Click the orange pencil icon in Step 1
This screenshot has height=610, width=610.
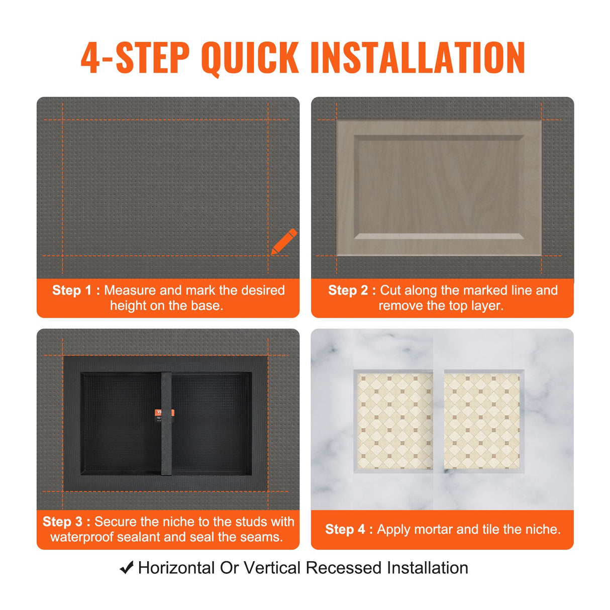click(284, 242)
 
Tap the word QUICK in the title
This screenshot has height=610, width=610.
click(250, 58)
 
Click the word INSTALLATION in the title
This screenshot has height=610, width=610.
click(418, 58)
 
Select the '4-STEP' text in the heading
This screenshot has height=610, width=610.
click(135, 58)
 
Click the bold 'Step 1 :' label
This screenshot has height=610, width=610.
click(76, 290)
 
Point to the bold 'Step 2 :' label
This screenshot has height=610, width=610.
click(352, 290)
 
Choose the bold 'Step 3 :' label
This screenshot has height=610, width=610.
click(66, 522)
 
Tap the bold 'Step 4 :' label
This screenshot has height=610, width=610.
click(349, 529)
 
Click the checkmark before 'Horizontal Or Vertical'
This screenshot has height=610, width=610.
click(127, 568)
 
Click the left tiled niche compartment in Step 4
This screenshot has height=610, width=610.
click(395, 421)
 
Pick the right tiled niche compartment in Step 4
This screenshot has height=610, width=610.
click(482, 421)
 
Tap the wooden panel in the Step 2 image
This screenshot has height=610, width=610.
click(439, 187)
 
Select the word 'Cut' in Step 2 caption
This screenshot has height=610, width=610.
click(390, 290)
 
